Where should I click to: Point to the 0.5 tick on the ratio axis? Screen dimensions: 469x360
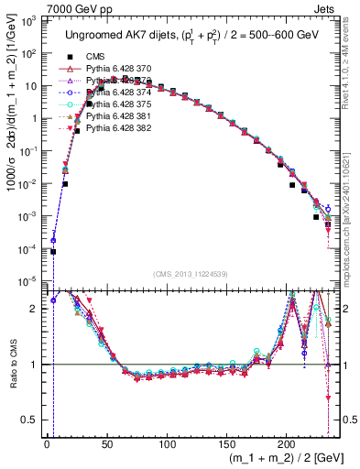[34, 420]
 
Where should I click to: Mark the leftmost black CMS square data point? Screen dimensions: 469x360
[53, 251]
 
